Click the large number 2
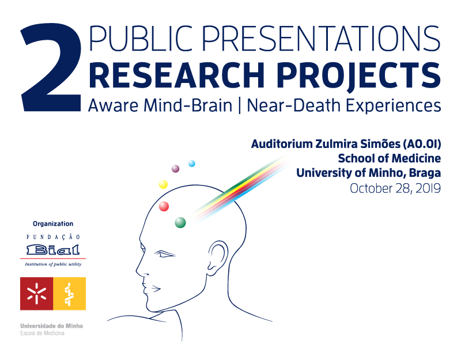point(51,67)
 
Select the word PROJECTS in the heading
point(358,75)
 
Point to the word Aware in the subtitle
point(113,105)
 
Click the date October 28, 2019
point(395,188)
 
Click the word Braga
point(425,173)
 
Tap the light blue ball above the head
point(192,164)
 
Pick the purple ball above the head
point(176,169)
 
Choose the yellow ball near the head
point(163,184)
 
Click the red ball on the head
point(164,206)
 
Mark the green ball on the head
point(180,222)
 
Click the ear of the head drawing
point(218,255)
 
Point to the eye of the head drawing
point(165,254)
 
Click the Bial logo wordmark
point(53,250)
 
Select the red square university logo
point(36,294)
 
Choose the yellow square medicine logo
point(69,294)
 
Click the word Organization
point(53,223)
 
